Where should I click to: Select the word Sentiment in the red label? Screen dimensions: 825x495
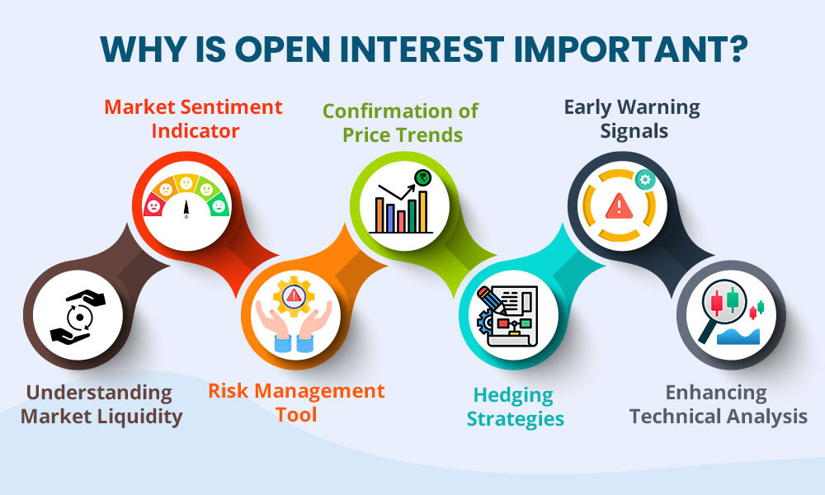click(232, 107)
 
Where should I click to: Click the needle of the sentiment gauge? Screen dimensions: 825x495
click(186, 209)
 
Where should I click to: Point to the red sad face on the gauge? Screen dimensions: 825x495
click(153, 206)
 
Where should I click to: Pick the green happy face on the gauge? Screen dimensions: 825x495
click(219, 205)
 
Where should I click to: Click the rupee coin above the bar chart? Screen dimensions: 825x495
click(422, 178)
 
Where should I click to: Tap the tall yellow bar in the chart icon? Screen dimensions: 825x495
click(422, 211)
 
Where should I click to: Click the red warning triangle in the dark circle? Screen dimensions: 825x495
click(620, 205)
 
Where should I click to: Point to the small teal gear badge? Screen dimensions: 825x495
click(644, 180)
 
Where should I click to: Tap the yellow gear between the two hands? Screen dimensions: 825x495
click(294, 296)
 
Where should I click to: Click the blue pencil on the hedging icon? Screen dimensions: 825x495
click(491, 300)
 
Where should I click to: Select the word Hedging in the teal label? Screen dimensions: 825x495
click(513, 395)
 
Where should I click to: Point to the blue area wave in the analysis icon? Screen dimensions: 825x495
click(738, 337)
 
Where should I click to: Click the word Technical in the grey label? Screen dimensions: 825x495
click(673, 417)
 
